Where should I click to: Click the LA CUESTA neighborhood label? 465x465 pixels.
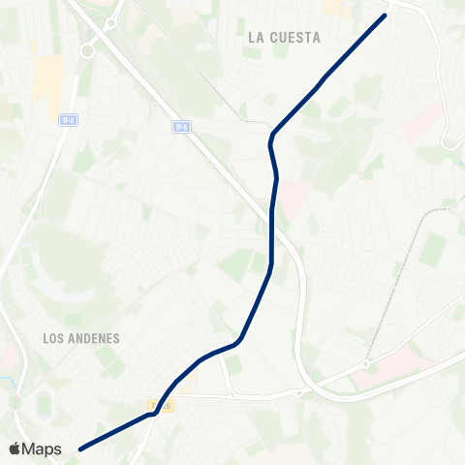(x=284, y=38)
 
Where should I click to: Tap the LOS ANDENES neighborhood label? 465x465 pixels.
(x=81, y=339)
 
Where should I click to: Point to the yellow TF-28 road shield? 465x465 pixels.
(x=160, y=405)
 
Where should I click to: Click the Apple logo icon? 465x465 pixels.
(x=15, y=449)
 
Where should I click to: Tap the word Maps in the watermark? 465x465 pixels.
(x=44, y=449)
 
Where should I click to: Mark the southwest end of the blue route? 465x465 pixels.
(x=80, y=449)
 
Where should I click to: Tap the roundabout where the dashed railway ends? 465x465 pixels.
(x=366, y=364)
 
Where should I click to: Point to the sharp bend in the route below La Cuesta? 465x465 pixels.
(x=272, y=137)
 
